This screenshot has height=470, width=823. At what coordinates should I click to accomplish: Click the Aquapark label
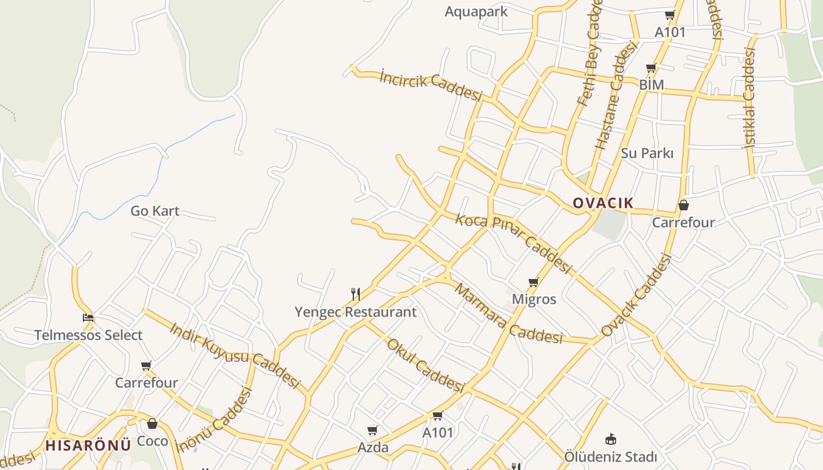click(x=476, y=11)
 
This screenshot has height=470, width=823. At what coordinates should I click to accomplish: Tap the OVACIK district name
click(x=603, y=203)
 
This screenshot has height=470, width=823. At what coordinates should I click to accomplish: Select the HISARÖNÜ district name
click(x=88, y=445)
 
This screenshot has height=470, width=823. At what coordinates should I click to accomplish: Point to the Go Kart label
click(x=155, y=211)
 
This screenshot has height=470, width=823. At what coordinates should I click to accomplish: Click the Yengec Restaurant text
click(x=355, y=312)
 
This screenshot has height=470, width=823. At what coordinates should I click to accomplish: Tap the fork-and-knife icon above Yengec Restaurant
click(x=355, y=294)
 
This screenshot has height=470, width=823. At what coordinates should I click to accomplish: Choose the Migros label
click(x=534, y=299)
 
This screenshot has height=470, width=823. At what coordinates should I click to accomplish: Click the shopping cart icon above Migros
click(x=533, y=283)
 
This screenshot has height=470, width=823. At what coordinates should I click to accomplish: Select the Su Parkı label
click(x=647, y=153)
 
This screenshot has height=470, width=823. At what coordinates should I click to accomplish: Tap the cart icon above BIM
click(x=651, y=69)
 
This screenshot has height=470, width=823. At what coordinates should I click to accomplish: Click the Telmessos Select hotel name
click(x=88, y=335)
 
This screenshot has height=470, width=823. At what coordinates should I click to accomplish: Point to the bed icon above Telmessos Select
click(x=88, y=318)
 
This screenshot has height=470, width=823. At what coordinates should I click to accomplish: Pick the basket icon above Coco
click(x=152, y=423)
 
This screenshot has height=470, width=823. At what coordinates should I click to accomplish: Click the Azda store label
click(x=373, y=448)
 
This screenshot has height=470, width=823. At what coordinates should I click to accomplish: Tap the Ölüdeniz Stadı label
click(x=610, y=456)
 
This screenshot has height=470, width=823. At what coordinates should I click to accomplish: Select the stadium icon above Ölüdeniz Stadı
click(x=610, y=439)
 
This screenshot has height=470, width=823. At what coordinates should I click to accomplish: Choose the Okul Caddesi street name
click(x=426, y=365)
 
